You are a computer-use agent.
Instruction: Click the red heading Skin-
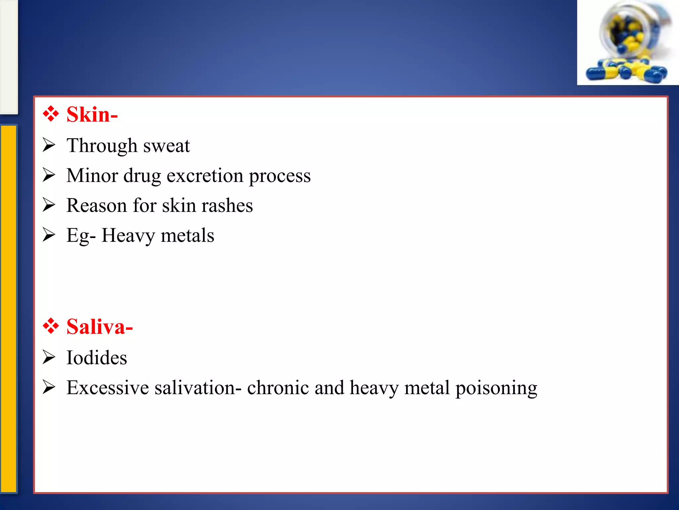(92, 115)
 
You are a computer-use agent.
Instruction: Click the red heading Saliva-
(99, 327)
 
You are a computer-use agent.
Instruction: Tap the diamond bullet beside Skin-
(51, 114)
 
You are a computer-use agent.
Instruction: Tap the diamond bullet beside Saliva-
(51, 326)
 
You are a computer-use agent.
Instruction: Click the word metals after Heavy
(187, 235)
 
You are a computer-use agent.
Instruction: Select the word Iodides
(96, 358)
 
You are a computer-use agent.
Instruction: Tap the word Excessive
(107, 387)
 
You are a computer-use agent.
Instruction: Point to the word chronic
(278, 387)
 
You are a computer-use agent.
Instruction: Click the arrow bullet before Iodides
(49, 357)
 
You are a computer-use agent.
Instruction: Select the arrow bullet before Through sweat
(49, 145)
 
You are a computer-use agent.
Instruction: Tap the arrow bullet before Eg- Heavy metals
(49, 235)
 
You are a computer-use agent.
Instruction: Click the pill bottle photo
(628, 42)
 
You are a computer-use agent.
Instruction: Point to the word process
(279, 176)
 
